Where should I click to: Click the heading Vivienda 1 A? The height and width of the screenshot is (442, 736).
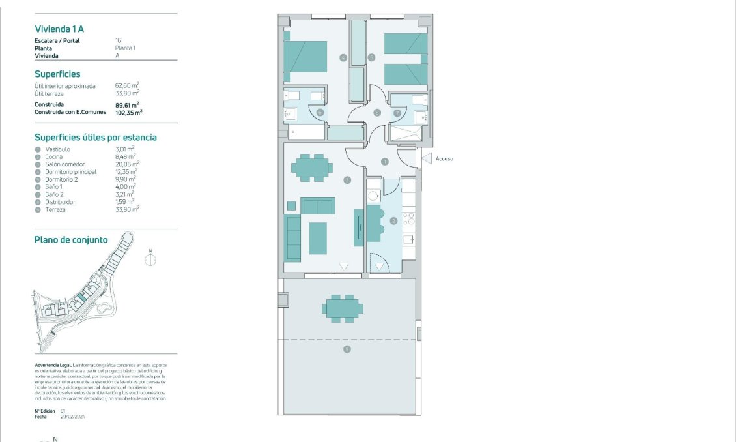tap(59, 29)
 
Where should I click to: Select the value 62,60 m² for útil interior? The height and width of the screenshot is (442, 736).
tap(128, 85)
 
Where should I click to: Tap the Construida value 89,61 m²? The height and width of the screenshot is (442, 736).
tap(128, 104)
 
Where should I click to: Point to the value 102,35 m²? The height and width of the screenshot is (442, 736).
tap(129, 112)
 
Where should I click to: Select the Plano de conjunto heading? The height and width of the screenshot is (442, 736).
tap(71, 240)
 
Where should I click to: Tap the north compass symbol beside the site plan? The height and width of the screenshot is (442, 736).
tap(150, 259)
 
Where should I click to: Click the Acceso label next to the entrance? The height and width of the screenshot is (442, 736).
tap(444, 158)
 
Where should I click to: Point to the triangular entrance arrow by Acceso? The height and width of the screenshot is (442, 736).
tap(427, 158)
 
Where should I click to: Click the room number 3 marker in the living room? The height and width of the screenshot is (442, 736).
tap(347, 180)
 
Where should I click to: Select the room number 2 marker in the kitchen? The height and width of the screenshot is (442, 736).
tap(393, 220)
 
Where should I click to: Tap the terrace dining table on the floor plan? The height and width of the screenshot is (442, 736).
tap(342, 308)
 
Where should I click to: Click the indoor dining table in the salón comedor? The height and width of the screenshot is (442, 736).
tap(310, 167)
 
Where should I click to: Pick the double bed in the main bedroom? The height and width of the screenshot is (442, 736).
tap(305, 57)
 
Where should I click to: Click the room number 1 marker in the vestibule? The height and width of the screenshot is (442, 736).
tap(384, 161)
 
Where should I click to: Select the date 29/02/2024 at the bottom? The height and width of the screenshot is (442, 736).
tap(73, 416)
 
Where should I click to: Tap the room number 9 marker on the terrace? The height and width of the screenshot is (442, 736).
tap(347, 350)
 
